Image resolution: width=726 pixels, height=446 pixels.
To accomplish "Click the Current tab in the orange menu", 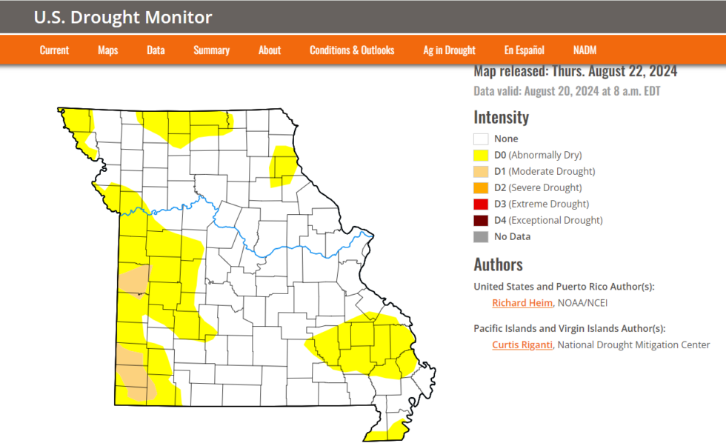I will (54, 50).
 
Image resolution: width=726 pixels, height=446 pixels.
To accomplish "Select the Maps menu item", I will (107, 50).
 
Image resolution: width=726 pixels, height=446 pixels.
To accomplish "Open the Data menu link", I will (156, 50).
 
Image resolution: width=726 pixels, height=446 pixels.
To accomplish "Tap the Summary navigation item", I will (211, 50).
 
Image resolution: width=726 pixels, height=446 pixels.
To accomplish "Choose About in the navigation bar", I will (270, 50).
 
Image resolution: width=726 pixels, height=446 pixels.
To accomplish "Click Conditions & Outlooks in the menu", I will (352, 50).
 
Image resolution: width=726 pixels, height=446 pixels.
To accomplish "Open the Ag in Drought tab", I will (449, 50).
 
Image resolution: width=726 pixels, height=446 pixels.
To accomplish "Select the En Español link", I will (524, 50).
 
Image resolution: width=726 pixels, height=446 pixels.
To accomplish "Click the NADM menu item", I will (585, 50).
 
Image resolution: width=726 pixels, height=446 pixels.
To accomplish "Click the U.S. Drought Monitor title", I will (123, 18).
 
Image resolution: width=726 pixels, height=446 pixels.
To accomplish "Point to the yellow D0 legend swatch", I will (481, 156).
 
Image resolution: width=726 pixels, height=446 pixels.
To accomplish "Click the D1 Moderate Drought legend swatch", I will (481, 172).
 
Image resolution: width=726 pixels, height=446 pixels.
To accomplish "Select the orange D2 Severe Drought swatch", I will (481, 188).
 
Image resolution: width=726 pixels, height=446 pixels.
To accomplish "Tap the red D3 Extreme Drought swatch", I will (481, 204).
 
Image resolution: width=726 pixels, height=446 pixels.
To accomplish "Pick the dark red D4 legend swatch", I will (481, 221).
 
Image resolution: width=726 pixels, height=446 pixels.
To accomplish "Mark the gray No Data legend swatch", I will (481, 237).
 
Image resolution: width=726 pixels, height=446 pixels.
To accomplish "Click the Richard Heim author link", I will (522, 303).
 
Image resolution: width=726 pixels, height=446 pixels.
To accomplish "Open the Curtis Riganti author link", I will (522, 345).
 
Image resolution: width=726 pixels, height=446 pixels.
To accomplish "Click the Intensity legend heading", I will (502, 117).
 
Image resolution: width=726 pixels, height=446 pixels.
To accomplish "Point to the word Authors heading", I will (498, 264).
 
